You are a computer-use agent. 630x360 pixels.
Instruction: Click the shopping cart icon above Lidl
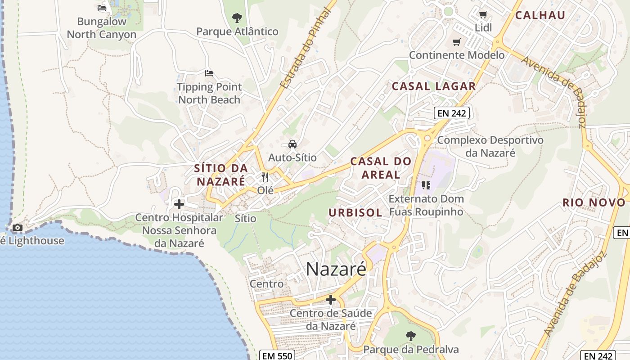(x=483, y=15)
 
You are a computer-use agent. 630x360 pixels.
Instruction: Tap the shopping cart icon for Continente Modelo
(x=457, y=42)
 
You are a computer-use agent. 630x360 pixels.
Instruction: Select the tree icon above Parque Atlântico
(x=237, y=18)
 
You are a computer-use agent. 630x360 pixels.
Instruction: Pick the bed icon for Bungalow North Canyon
(x=102, y=8)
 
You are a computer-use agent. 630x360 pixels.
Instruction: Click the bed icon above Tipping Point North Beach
(x=209, y=73)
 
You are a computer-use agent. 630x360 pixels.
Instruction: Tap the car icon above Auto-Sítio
(x=292, y=144)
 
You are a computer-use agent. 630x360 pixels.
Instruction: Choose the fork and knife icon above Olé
(x=265, y=177)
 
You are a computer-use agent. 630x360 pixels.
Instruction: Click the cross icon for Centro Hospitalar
(x=179, y=204)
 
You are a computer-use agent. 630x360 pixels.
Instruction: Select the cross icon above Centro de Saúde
(x=331, y=300)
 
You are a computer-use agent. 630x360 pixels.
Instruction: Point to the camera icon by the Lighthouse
(x=18, y=228)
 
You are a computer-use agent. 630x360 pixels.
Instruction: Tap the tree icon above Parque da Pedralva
(x=410, y=336)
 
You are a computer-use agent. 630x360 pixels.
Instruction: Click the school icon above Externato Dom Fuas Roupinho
(x=426, y=185)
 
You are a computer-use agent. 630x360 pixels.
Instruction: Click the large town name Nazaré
(x=336, y=269)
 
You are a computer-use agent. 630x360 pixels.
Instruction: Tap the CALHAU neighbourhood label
(x=540, y=15)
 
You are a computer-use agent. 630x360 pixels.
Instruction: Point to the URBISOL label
(x=355, y=212)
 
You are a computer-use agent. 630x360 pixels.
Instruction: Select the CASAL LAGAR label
(x=434, y=86)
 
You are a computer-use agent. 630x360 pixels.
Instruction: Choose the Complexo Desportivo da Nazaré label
(x=490, y=146)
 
